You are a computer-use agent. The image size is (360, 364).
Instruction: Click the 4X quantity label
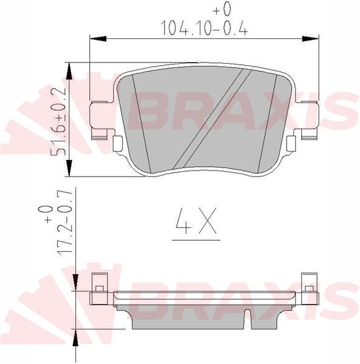tap(195, 223)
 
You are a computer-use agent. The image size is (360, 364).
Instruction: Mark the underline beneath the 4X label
tap(195, 238)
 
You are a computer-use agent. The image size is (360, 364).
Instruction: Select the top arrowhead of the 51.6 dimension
tap(71, 70)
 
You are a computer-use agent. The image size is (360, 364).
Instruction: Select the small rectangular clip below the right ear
tap(291, 143)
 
